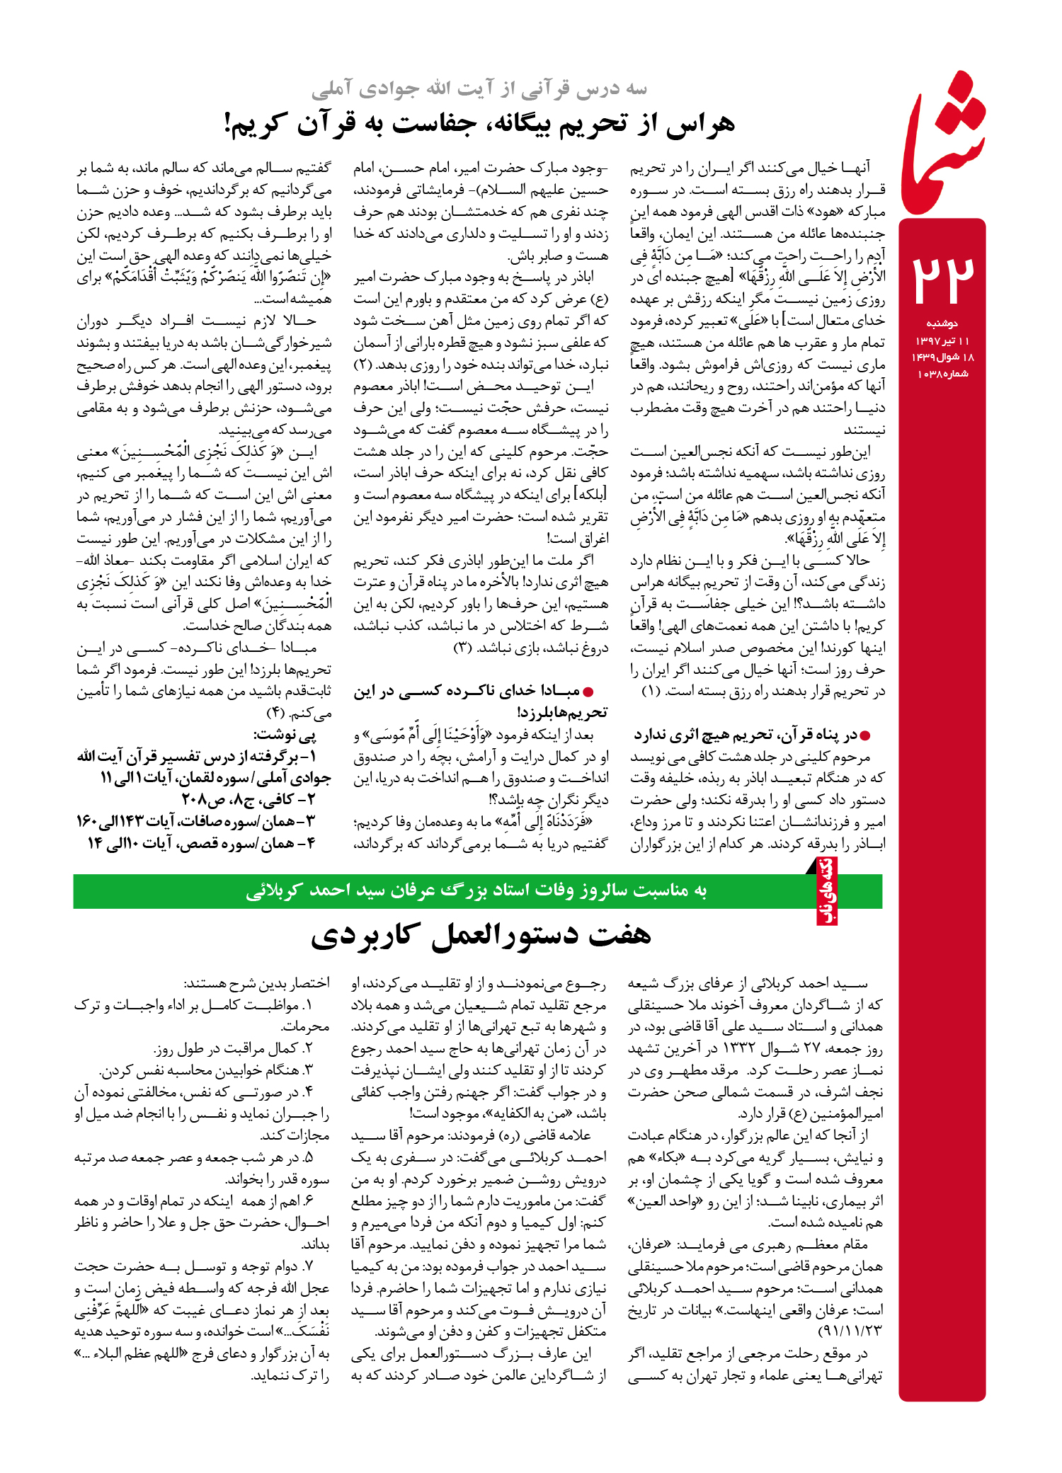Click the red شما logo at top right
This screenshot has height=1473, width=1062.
pyautogui.click(x=944, y=145)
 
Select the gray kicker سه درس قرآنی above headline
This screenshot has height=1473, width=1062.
pyautogui.click(x=479, y=88)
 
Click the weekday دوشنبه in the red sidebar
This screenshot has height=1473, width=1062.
pyautogui.click(x=942, y=323)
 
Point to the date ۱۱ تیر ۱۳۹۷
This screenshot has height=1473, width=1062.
pyautogui.click(x=942, y=341)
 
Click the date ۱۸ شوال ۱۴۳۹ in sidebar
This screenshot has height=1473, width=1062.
pyautogui.click(x=942, y=357)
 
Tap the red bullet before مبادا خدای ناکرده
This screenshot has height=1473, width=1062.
pyautogui.click(x=588, y=692)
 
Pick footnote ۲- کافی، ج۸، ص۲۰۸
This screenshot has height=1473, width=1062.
pyautogui.click(x=248, y=800)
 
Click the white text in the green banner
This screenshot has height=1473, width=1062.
pyautogui.click(x=476, y=890)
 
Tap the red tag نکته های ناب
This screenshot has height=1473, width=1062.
pyautogui.click(x=827, y=890)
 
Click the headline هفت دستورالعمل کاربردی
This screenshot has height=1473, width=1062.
pyautogui.click(x=481, y=935)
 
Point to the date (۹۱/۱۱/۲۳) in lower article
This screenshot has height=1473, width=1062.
pyautogui.click(x=850, y=1331)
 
